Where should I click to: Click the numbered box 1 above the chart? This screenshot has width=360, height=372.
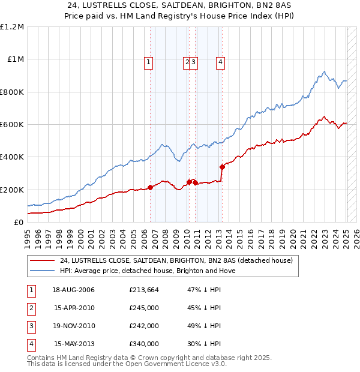(148, 61)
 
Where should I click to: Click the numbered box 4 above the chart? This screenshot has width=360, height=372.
(221, 61)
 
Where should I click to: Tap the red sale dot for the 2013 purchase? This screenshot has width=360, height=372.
(222, 167)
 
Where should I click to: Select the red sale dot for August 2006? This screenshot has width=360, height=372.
(150, 187)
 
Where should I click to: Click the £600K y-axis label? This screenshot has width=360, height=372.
(13, 125)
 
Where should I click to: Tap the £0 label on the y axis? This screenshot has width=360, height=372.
(18, 222)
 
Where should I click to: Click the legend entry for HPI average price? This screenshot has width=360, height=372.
(148, 271)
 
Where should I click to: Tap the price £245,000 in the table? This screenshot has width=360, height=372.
(144, 308)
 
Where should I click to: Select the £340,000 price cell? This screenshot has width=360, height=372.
(144, 344)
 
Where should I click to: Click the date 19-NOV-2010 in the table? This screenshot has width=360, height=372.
(74, 326)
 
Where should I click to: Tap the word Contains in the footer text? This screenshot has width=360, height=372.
(43, 358)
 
